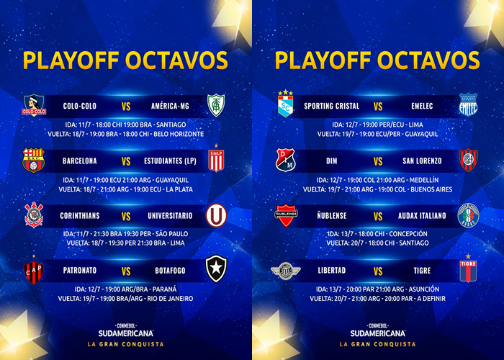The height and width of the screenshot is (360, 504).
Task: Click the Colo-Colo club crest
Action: [x=34, y=105]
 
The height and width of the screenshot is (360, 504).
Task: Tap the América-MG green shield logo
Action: [x=216, y=105]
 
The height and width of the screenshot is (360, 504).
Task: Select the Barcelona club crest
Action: [x=33, y=160]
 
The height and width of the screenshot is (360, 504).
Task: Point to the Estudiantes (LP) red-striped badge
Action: [x=216, y=158]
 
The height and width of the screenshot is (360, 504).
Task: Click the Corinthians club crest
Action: [x=34, y=215]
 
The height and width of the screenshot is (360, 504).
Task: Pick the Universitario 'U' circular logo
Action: [x=216, y=215]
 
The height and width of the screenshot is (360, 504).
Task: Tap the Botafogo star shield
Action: [x=216, y=269]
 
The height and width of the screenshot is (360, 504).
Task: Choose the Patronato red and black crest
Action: [x=33, y=271]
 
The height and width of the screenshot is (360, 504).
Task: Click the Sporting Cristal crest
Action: [x=285, y=104]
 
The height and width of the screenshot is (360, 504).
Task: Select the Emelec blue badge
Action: [x=468, y=104]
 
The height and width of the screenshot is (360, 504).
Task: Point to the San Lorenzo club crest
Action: [x=468, y=160]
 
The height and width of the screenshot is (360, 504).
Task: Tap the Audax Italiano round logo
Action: [x=468, y=215]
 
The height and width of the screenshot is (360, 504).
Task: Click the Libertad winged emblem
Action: [x=285, y=271]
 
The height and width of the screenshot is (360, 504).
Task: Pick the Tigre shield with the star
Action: [x=468, y=268]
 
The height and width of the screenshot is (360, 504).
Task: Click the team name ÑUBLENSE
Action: [x=332, y=216]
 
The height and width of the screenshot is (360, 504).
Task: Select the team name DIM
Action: [x=332, y=161]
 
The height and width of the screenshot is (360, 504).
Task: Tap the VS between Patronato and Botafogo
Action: [x=126, y=271]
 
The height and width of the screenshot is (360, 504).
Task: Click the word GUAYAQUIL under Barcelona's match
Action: [x=172, y=180]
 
